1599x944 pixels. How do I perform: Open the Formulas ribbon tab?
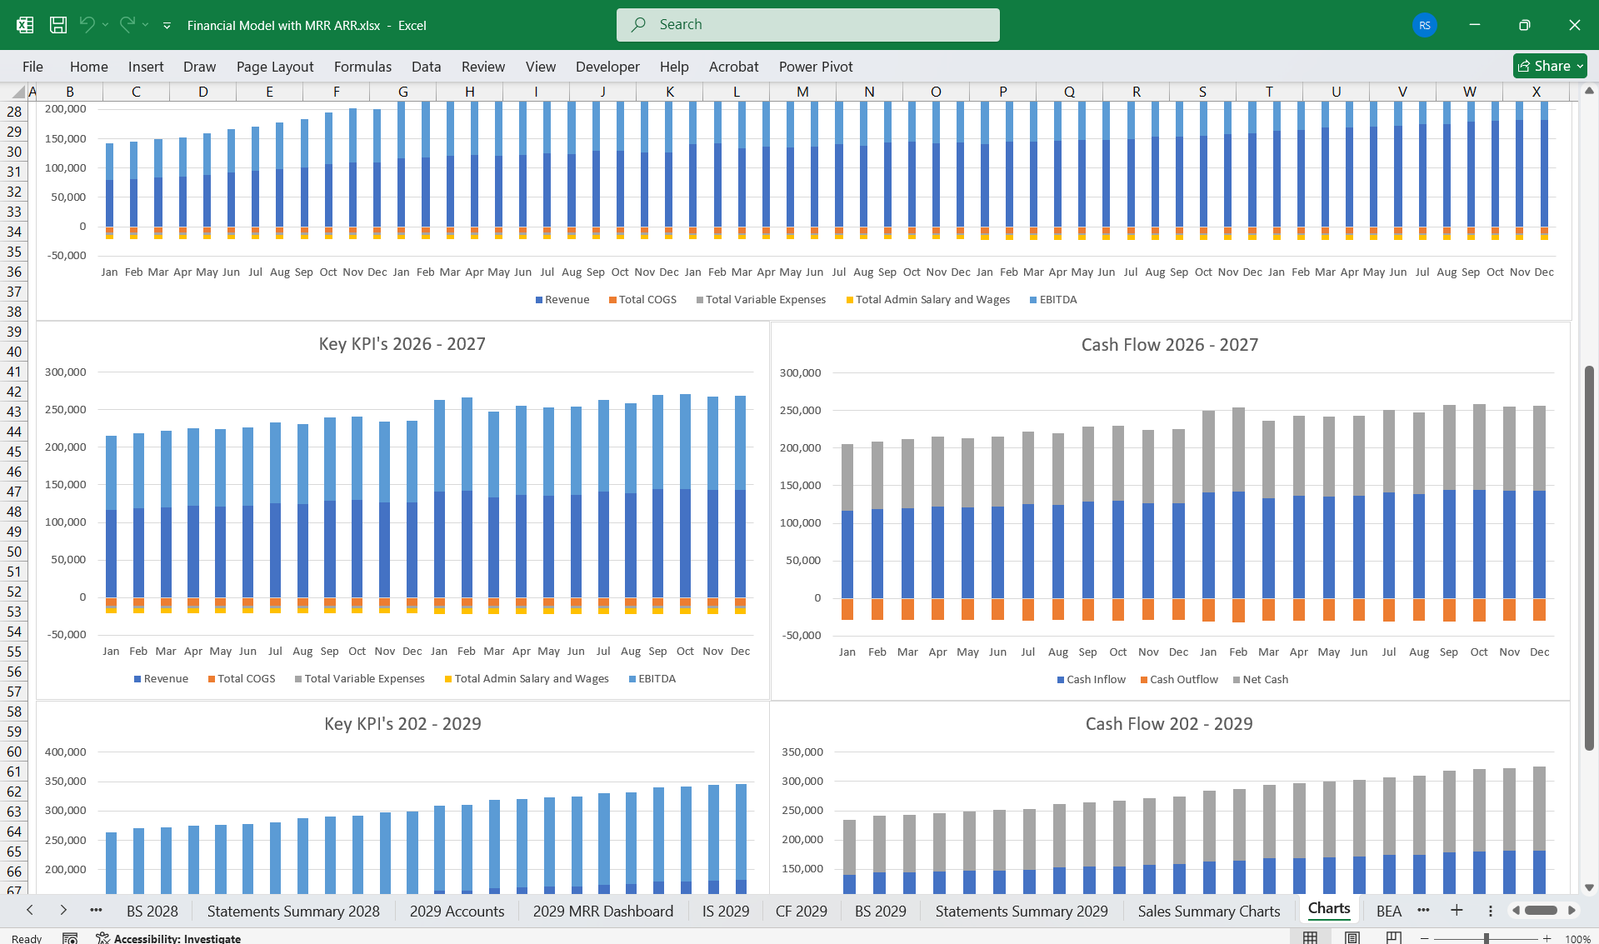[x=362, y=67]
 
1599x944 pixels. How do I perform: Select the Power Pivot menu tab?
[x=815, y=67]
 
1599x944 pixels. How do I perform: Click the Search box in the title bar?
[x=807, y=25]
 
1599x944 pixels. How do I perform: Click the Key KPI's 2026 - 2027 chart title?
[x=402, y=344]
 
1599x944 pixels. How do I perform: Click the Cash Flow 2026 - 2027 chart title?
[x=1169, y=345]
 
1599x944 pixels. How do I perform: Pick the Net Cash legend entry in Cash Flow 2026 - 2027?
[x=1264, y=680]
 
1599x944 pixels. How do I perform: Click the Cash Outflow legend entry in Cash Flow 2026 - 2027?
[x=1183, y=680]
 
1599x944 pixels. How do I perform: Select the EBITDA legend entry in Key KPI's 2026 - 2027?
[x=656, y=679]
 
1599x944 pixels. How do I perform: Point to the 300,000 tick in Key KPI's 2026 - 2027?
[x=66, y=372]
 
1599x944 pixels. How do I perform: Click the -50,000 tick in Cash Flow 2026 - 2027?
[x=801, y=636]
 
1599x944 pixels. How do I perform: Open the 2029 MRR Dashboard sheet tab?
[x=602, y=912]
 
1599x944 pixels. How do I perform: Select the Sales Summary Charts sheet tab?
[x=1208, y=912]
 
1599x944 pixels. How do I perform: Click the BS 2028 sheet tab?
[x=152, y=912]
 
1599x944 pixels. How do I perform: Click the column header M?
[x=802, y=92]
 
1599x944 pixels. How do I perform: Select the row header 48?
[x=14, y=512]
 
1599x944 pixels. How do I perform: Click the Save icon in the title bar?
[x=58, y=25]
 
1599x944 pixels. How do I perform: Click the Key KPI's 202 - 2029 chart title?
[x=402, y=724]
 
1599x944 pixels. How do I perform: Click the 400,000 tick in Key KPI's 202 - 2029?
[x=66, y=752]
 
